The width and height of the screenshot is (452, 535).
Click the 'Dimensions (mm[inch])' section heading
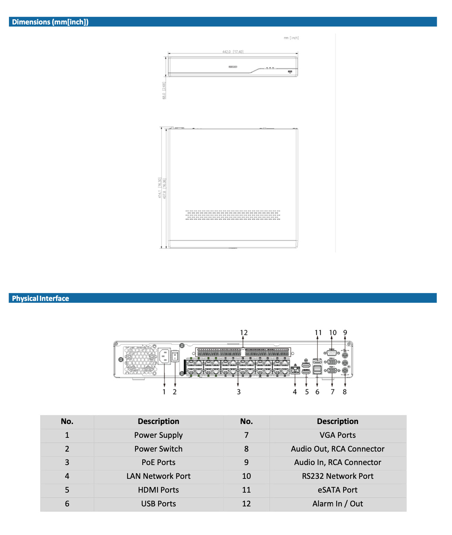(x=50, y=22)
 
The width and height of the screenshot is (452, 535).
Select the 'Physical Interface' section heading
(x=40, y=299)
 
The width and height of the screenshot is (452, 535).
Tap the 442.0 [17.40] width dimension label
(x=233, y=52)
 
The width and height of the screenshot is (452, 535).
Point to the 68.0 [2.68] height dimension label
(x=164, y=90)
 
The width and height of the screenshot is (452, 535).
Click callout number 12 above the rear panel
(x=244, y=333)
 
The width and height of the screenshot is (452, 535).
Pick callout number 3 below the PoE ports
(x=238, y=392)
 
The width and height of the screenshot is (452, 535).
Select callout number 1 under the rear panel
(x=164, y=392)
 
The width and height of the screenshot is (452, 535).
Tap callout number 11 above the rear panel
(x=318, y=333)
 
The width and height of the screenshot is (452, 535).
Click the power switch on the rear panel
(x=175, y=356)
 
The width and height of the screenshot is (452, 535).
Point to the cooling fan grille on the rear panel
(x=140, y=361)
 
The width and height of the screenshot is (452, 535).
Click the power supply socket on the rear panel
(x=164, y=356)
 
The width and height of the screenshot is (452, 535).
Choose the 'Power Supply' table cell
(x=158, y=435)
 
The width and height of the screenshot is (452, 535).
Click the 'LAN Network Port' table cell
(x=158, y=476)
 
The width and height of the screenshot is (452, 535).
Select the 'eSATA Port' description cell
(x=337, y=490)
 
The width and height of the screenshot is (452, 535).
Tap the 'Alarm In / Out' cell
(x=337, y=504)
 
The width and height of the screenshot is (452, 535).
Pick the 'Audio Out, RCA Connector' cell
(x=337, y=449)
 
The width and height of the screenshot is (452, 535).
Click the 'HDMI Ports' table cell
(x=158, y=490)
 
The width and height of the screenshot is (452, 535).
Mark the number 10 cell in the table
(x=246, y=476)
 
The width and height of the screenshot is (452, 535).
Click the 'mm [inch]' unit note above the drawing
(x=291, y=38)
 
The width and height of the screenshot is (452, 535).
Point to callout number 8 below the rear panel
(x=345, y=392)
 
